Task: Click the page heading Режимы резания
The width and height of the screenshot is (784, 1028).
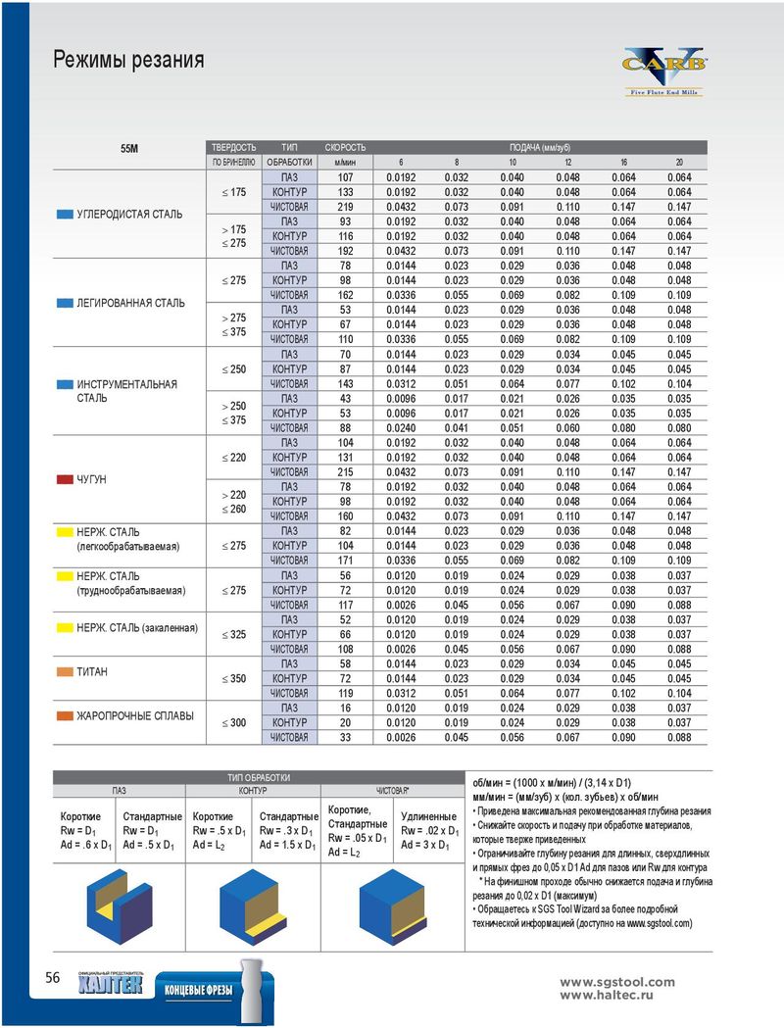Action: coord(128,60)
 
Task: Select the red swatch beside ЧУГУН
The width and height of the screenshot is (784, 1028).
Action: coord(65,479)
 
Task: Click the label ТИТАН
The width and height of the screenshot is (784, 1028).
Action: coord(92,672)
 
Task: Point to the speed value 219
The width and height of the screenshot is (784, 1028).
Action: coord(346,207)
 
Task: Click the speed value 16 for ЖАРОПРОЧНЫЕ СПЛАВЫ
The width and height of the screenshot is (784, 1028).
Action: coord(346,709)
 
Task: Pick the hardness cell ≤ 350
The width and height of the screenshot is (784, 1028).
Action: coord(234,678)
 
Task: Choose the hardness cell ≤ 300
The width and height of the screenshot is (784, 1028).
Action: coord(234,722)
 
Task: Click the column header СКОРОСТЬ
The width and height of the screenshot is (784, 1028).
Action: coord(346,148)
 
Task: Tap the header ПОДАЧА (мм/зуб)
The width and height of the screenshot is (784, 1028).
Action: coord(540,148)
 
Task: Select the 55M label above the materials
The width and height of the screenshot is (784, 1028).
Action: coord(129,149)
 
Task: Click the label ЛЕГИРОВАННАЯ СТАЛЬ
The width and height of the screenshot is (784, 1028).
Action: coord(131,303)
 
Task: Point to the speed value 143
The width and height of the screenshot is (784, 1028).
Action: coord(346,383)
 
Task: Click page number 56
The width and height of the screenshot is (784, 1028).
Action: coord(53,977)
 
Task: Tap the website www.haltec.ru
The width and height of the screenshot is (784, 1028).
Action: coord(607,996)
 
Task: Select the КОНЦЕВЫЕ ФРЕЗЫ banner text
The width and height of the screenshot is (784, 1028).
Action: coord(199,990)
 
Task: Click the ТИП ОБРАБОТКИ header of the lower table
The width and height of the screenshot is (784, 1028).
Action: coord(259,777)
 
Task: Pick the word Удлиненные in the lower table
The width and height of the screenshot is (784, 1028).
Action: coord(428,816)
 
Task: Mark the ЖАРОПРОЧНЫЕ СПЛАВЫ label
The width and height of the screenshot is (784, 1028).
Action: coord(135,716)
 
